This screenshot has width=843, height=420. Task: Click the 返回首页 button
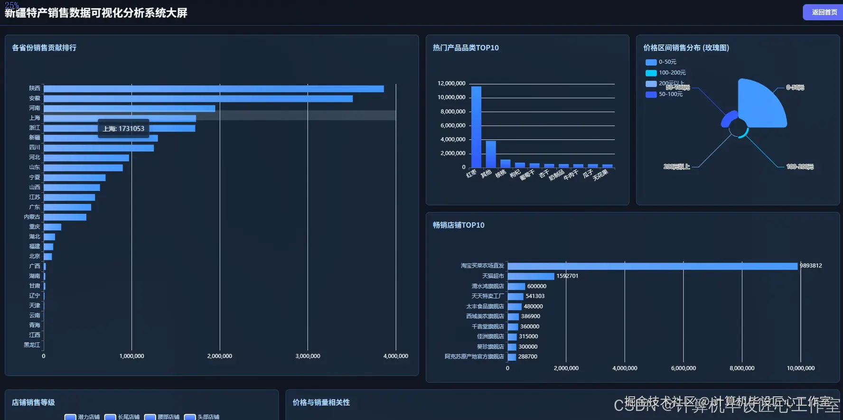coord(824,12)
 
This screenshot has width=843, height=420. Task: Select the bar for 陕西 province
coord(214,89)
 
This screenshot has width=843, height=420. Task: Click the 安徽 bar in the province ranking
coord(198,99)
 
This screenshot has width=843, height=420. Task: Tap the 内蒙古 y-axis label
coord(32,217)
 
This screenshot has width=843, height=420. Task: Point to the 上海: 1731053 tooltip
coord(123,129)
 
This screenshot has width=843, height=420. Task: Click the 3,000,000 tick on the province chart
coord(308,356)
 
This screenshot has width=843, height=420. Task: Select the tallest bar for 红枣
coord(476,127)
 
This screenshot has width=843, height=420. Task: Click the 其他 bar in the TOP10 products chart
coord(490,154)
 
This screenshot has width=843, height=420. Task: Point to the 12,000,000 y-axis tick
coord(451,84)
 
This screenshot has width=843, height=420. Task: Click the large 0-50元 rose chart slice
coord(759,104)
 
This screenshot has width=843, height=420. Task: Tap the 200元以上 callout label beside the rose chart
coord(676,167)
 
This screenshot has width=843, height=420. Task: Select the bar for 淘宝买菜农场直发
coord(652,266)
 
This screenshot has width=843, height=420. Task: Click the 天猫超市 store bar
coord(531,276)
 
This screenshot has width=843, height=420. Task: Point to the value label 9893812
coord(811,266)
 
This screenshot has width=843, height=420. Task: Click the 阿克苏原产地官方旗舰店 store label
coord(474,356)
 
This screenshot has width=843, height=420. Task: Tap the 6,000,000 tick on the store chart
coord(683,368)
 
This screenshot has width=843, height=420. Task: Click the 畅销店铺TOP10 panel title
coord(459,225)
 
